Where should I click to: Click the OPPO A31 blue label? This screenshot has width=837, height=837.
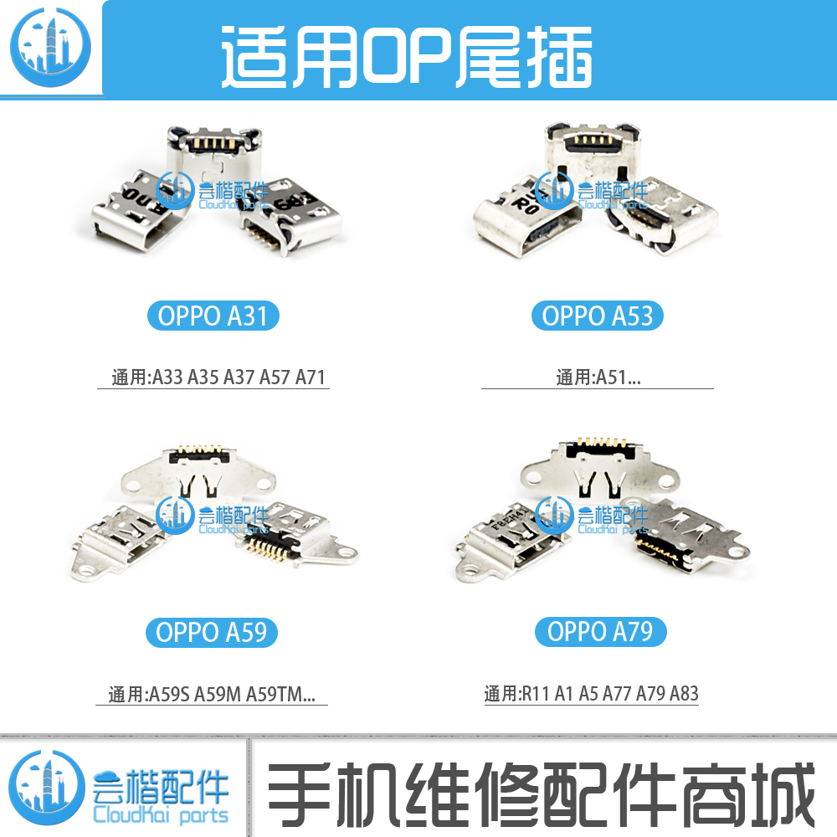(x=213, y=316)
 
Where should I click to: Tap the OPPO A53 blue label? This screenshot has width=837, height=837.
(x=598, y=316)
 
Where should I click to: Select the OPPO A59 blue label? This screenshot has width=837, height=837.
(x=213, y=632)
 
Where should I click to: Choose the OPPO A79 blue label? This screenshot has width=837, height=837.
(x=600, y=632)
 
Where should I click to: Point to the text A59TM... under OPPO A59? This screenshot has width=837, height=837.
(x=280, y=694)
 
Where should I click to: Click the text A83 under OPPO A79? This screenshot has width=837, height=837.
(x=684, y=694)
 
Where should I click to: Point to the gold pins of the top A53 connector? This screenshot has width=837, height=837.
(x=596, y=140)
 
